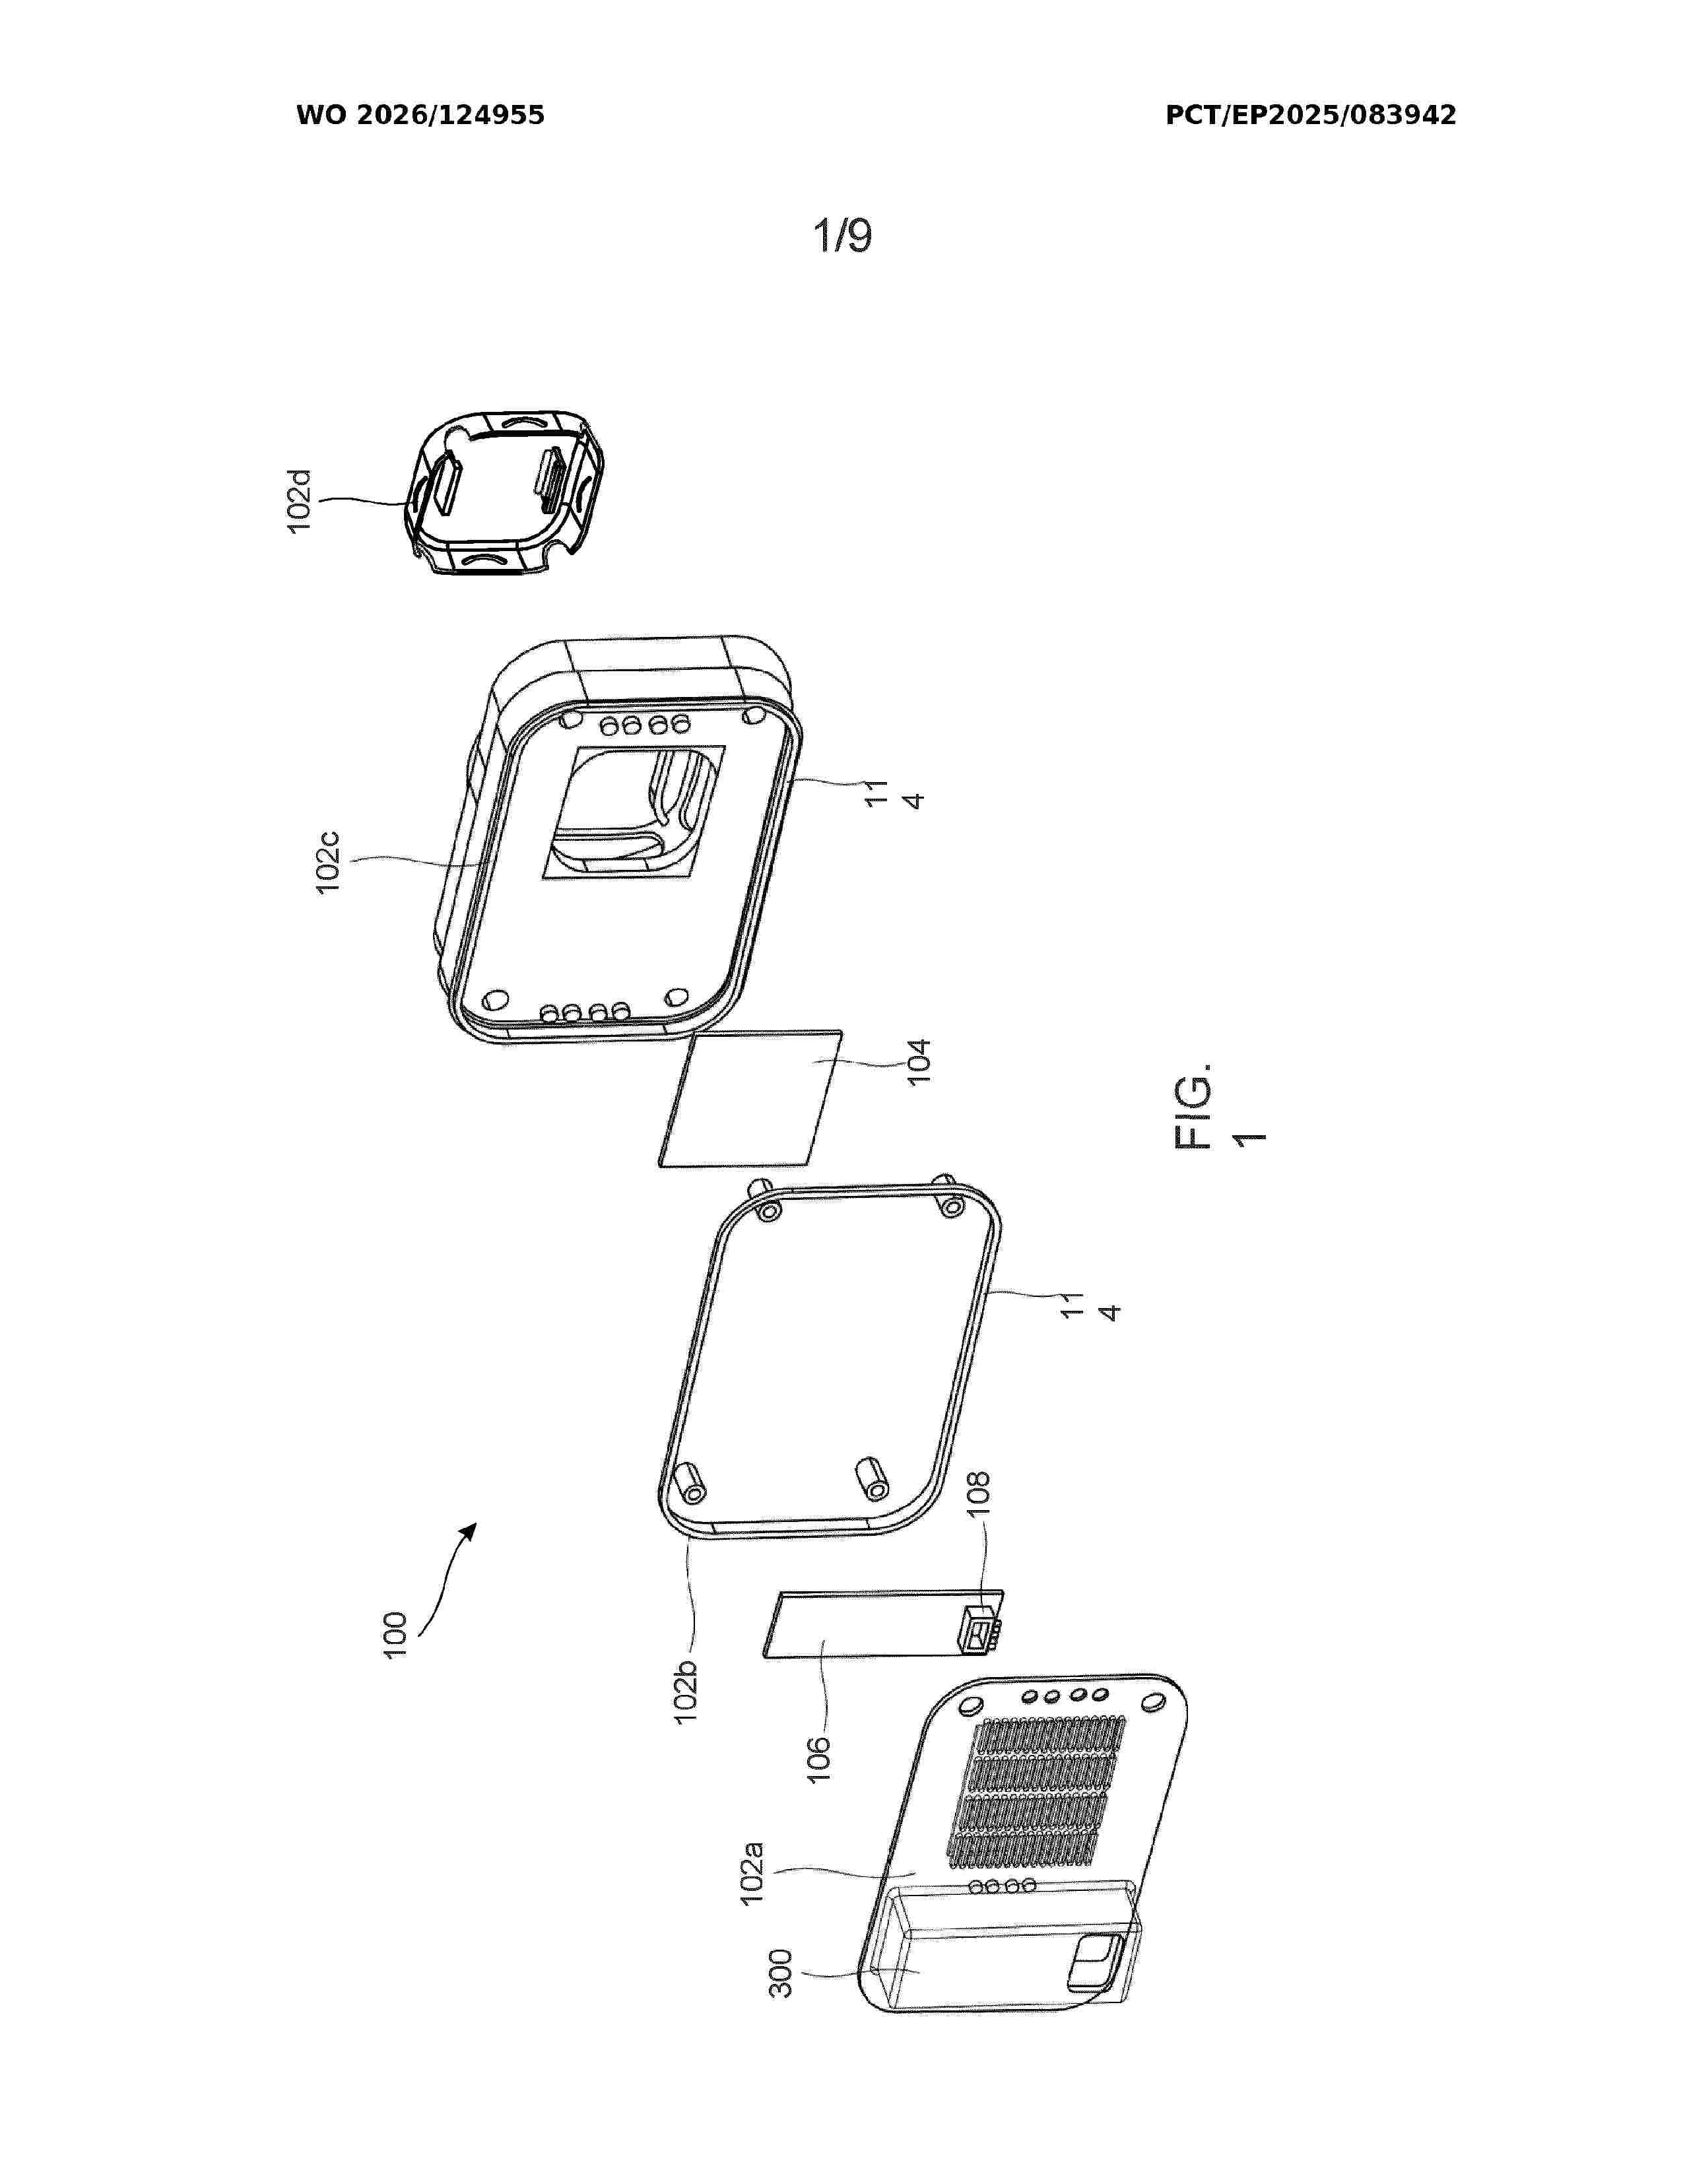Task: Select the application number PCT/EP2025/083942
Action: point(1310,115)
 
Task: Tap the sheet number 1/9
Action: point(843,236)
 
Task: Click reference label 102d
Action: point(299,501)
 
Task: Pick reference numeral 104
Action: point(917,1061)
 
